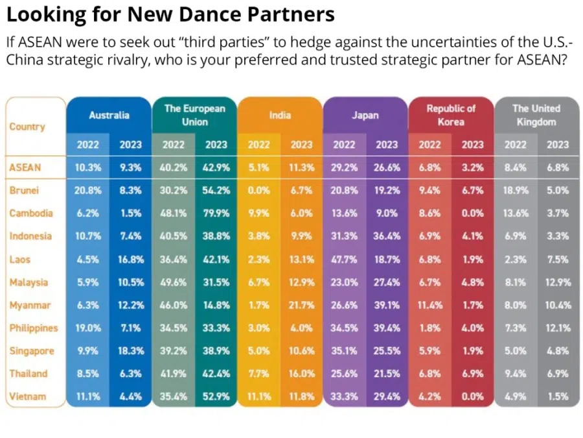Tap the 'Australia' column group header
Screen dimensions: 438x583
pos(109,115)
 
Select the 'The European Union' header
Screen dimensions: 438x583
pos(194,115)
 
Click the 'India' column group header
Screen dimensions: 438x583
pos(280,115)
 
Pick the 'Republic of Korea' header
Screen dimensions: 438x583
pos(450,115)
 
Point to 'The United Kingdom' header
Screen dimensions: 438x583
pos(536,115)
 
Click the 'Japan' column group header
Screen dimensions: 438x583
pos(365,115)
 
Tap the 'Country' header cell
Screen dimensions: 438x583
pos(27,127)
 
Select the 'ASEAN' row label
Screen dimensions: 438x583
pos(25,167)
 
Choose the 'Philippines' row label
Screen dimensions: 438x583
pos(33,328)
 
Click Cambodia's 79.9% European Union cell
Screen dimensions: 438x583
pos(216,213)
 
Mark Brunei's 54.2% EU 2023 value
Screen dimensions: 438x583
pos(216,191)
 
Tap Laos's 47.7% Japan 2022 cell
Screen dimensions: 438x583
pos(344,259)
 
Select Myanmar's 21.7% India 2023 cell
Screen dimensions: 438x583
pos(301,305)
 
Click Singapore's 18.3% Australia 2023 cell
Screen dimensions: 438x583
pos(130,350)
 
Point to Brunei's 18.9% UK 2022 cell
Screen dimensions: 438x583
pos(515,191)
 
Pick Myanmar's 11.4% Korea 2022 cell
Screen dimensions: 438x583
pos(429,305)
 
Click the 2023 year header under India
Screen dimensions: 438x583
pos(301,145)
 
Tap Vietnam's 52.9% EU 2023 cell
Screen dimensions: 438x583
pos(216,396)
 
